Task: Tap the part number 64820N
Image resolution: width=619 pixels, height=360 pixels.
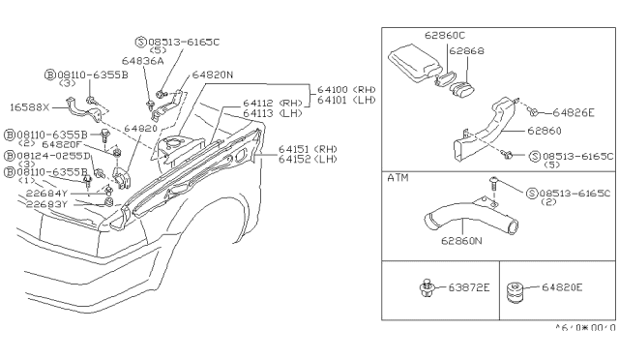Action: click(214, 74)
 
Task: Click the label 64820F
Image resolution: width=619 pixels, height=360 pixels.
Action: click(61, 143)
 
